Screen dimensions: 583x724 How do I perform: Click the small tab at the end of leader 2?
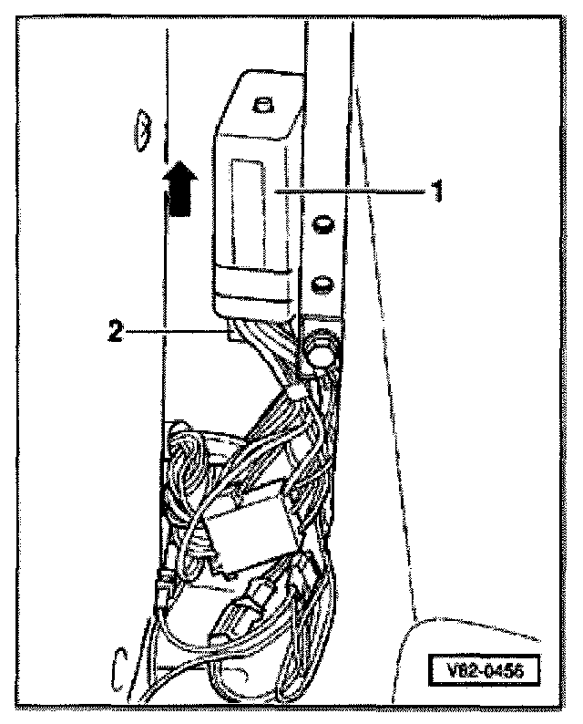pos(233,335)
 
